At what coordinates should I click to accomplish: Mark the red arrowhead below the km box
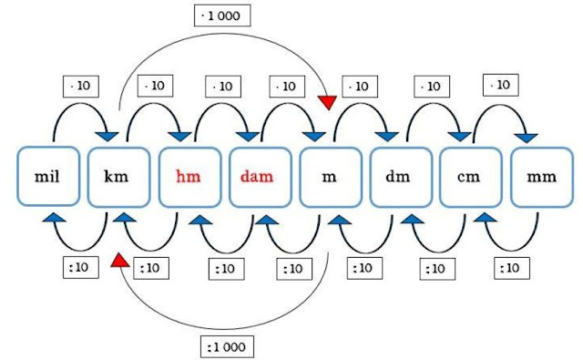click(118, 260)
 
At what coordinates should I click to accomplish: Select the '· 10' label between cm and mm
click(499, 85)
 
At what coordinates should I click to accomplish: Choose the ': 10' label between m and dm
click(362, 269)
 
